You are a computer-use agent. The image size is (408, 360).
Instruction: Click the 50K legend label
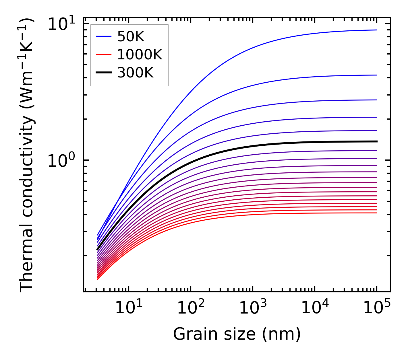click(x=131, y=36)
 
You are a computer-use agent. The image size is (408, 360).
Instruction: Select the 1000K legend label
click(x=140, y=55)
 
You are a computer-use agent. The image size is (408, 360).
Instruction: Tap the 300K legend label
click(x=135, y=73)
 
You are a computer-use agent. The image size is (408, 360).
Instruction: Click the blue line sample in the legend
click(x=103, y=36)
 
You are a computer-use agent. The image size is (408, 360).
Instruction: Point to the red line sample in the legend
click(x=103, y=55)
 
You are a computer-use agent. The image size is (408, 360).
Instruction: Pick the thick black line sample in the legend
click(x=103, y=73)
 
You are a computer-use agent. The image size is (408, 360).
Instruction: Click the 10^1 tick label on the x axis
click(x=128, y=309)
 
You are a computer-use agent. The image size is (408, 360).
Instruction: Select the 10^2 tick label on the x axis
click(x=191, y=309)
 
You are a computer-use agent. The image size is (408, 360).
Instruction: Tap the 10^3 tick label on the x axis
click(x=253, y=309)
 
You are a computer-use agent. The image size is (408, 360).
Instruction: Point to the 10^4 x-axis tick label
click(x=315, y=309)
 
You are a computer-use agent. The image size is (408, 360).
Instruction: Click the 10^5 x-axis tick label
click(x=377, y=309)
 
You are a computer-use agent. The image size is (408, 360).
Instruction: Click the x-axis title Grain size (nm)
click(x=237, y=334)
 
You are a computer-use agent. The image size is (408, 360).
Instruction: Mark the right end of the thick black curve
click(x=376, y=141)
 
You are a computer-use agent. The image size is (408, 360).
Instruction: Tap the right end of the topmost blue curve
click(x=376, y=30)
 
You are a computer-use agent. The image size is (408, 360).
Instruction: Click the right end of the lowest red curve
click(x=376, y=213)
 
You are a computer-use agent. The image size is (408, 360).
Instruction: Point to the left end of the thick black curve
click(x=98, y=250)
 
